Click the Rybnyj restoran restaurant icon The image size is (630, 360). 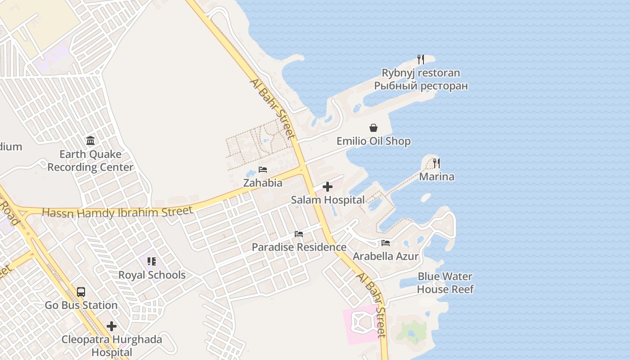click(420, 59)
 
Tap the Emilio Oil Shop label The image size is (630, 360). click(373, 141)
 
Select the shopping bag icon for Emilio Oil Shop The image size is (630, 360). click(373, 128)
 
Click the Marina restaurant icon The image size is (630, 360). click(436, 163)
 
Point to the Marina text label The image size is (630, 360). click(436, 176)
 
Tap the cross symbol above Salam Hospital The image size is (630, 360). click(328, 187)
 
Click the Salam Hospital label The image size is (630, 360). click(328, 200)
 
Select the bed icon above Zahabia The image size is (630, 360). click(263, 170)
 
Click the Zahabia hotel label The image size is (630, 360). click(263, 183)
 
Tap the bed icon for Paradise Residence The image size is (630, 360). click(299, 234)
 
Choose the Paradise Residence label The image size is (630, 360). click(299, 247)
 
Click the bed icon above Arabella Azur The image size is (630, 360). click(386, 243)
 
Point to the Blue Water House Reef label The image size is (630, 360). click(445, 283)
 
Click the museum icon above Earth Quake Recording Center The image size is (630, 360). click(90, 141)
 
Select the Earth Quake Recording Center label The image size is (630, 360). click(90, 161)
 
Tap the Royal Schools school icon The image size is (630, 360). click(152, 261)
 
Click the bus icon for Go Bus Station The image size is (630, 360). click(81, 292)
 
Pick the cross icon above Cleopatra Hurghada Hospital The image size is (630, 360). click(112, 326)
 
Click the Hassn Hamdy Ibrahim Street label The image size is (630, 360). click(117, 211)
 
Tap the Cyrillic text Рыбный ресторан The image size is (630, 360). click(421, 85)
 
